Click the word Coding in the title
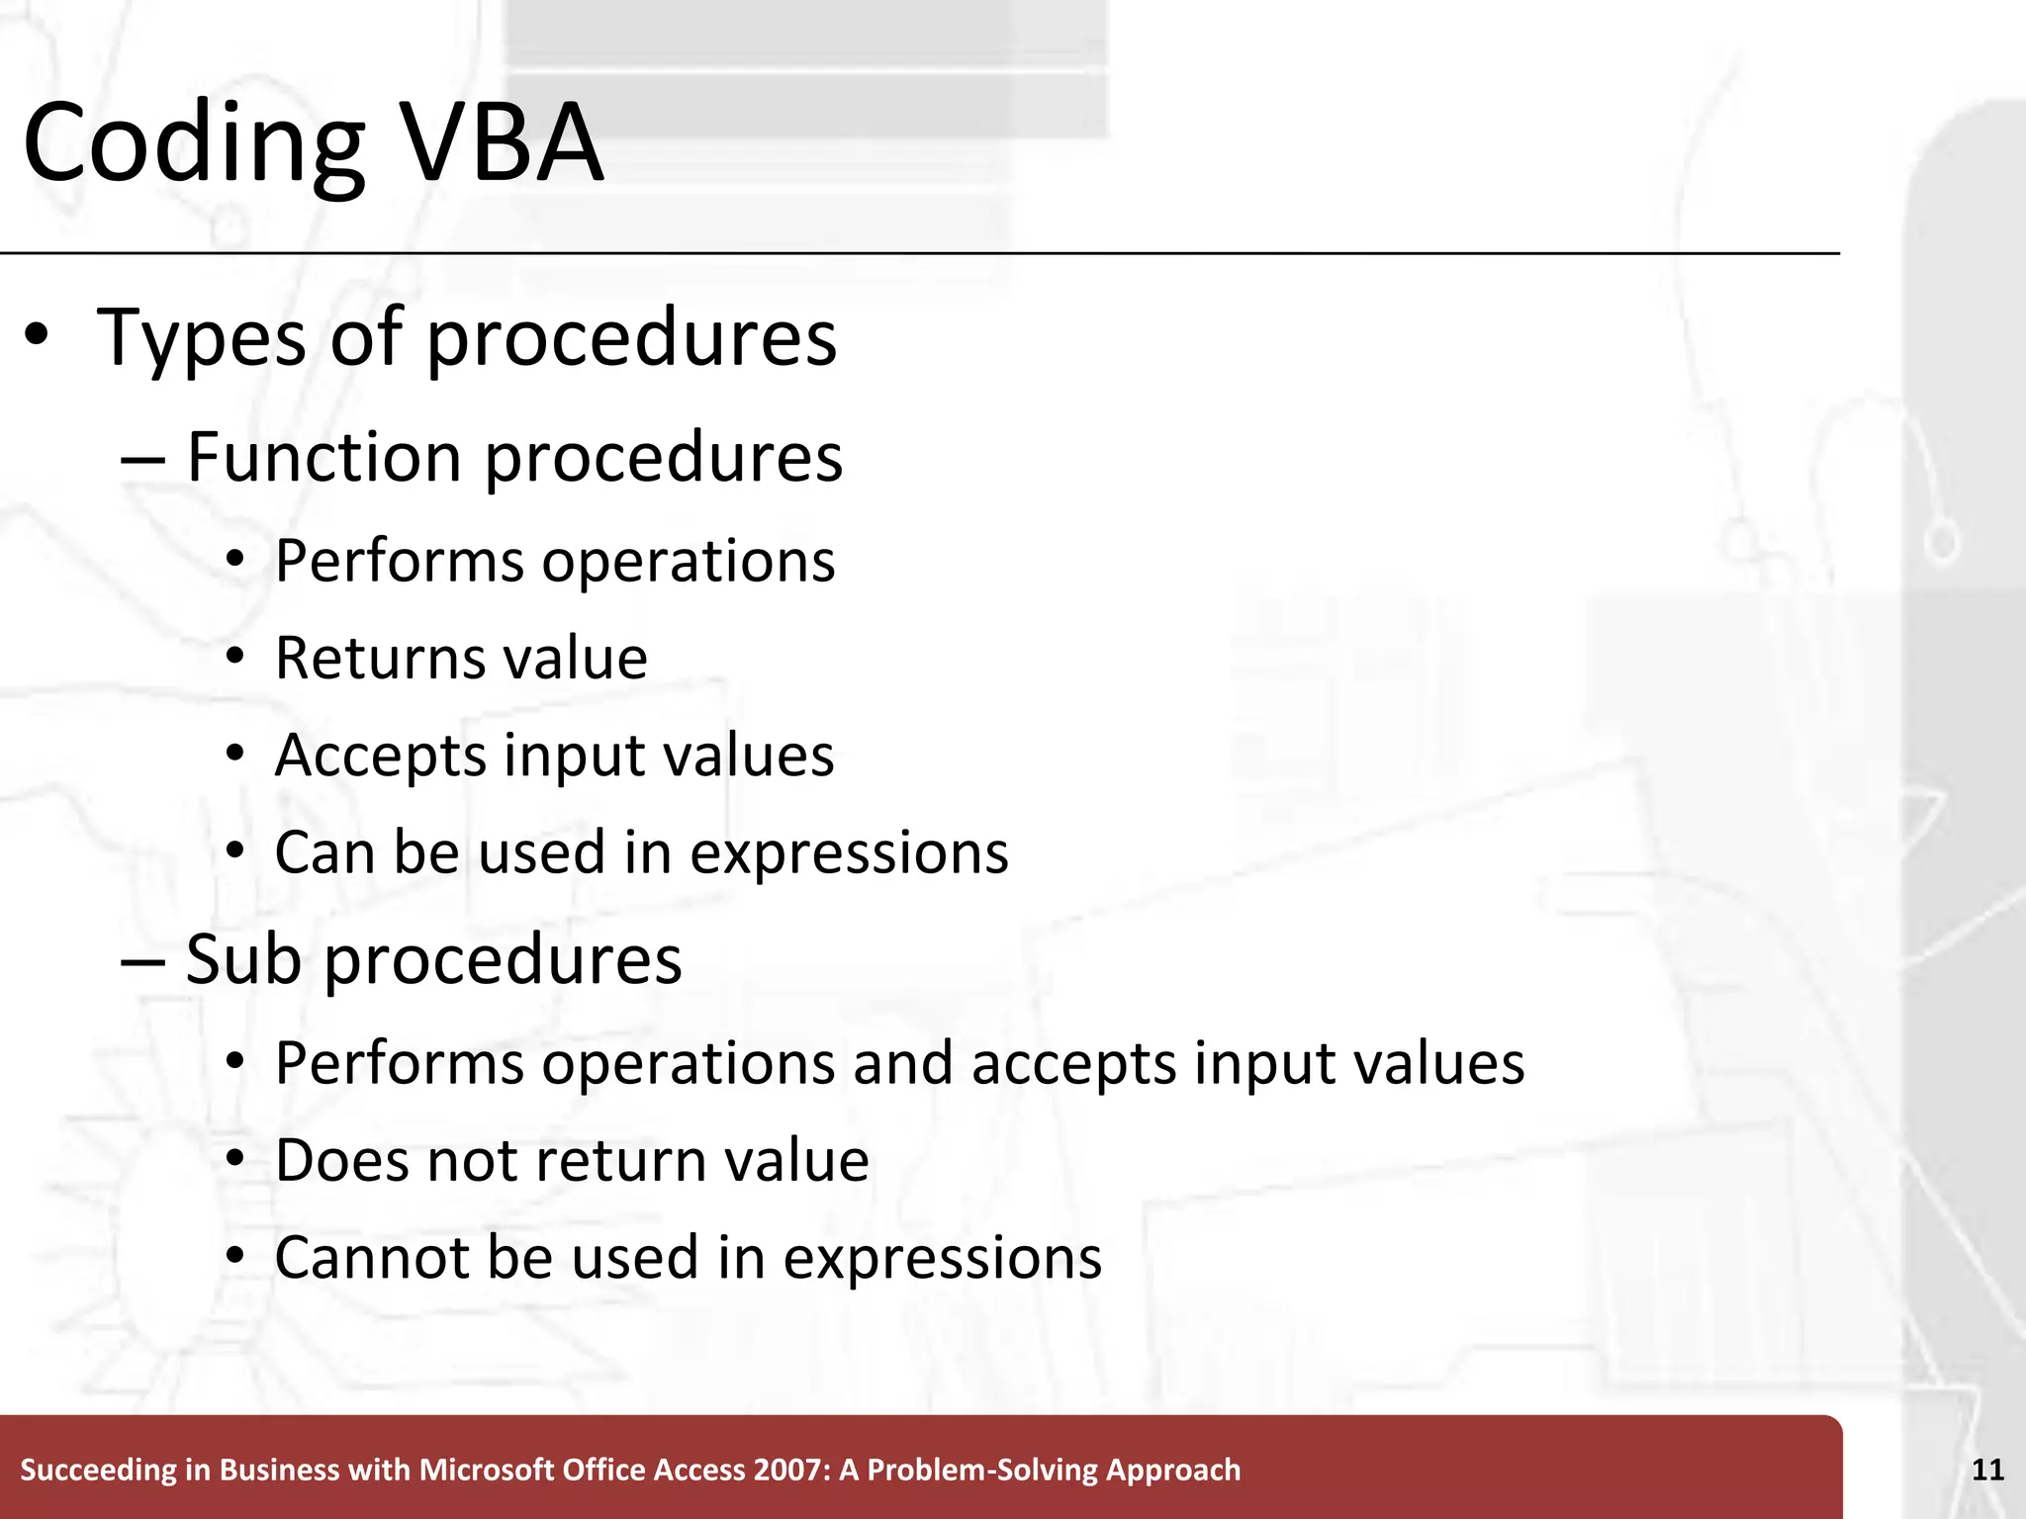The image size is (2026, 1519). tap(193, 143)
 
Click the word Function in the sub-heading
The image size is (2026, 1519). tap(323, 458)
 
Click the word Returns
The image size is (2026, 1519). tap(379, 658)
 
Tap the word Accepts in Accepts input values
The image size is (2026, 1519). tap(379, 757)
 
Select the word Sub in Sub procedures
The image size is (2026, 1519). tap(242, 959)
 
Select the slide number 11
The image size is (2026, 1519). tap(1987, 1470)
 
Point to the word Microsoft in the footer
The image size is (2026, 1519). tap(487, 1470)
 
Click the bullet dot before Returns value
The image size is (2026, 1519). tap(234, 657)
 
